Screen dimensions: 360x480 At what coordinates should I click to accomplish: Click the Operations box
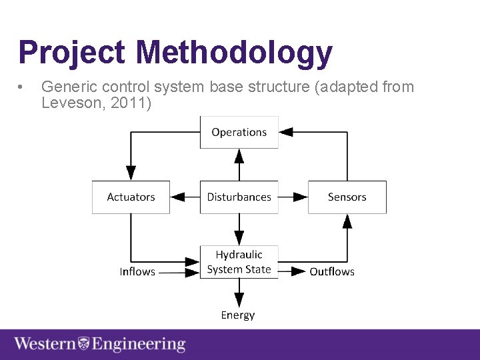[239, 132]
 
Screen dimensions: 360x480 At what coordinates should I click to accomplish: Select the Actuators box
[131, 197]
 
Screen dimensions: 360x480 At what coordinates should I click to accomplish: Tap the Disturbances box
[239, 197]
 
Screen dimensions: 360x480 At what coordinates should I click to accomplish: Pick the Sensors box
[347, 197]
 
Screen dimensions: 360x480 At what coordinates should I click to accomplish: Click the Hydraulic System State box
[239, 262]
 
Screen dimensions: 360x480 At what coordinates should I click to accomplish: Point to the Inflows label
[137, 272]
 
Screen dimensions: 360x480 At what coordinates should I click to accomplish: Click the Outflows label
[332, 272]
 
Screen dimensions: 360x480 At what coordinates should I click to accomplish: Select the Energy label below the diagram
[238, 315]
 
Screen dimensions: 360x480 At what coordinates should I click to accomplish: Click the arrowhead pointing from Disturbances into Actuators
[178, 197]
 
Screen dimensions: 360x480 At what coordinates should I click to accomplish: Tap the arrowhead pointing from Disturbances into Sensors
[300, 197]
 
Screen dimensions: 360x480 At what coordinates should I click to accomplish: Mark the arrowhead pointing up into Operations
[239, 156]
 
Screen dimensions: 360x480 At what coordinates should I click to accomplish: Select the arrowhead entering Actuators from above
[131, 173]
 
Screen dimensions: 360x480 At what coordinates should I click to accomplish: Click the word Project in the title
[71, 53]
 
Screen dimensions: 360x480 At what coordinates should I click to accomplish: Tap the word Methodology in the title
[233, 53]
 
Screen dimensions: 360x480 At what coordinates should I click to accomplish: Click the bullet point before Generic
[23, 87]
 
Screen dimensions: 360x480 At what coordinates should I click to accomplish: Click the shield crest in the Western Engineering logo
[84, 345]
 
